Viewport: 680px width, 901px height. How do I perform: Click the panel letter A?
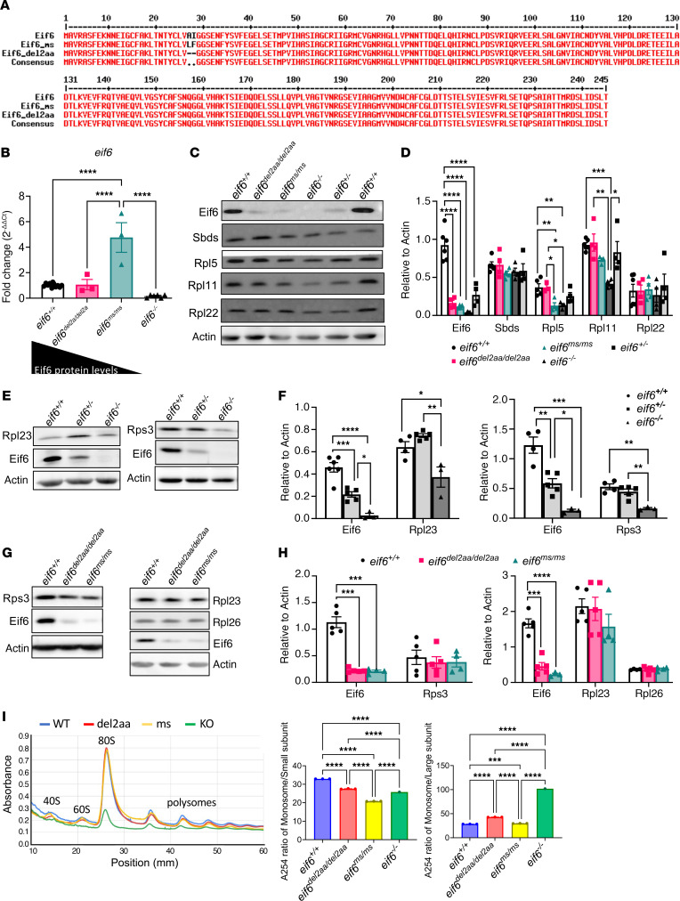[x=7, y=7]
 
